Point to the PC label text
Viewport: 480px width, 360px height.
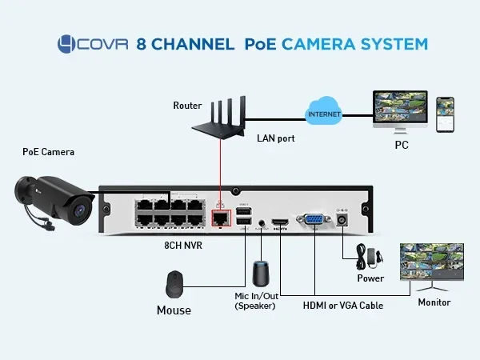[x=402, y=146]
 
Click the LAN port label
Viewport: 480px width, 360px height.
[x=275, y=138]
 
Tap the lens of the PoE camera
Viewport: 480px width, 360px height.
[x=80, y=210]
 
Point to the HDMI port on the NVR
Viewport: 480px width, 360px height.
[x=279, y=222]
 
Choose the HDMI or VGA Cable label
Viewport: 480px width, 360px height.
[x=342, y=306]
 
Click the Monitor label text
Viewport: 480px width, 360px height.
[x=434, y=302]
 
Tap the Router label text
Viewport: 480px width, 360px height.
[x=186, y=106]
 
